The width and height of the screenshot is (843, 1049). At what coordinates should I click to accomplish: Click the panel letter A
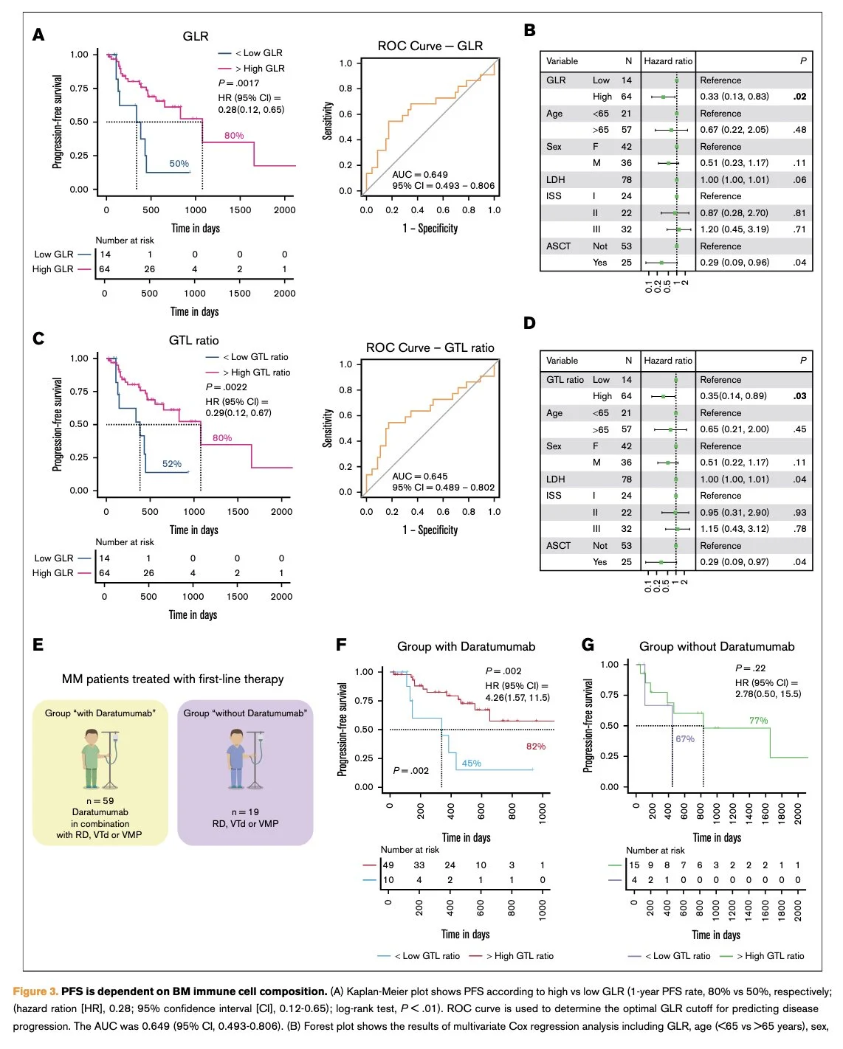(38, 35)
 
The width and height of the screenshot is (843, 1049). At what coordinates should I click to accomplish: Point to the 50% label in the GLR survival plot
(179, 164)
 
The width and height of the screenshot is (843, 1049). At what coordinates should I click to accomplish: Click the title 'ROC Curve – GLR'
(430, 46)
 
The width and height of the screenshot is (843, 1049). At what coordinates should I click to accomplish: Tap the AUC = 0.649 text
(420, 175)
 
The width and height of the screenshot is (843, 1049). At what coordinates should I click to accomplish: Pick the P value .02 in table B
(800, 97)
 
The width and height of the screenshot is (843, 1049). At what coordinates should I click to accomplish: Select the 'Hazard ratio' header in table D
(668, 361)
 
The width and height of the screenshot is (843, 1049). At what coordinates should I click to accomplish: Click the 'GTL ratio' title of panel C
(193, 340)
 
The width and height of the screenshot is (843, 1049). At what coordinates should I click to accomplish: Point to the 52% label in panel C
(172, 464)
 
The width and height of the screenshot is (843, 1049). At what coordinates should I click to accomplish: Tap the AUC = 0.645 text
(420, 477)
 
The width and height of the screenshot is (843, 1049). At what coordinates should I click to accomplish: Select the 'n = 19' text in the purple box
(245, 812)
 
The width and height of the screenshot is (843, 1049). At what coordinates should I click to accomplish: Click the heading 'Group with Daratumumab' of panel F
(466, 647)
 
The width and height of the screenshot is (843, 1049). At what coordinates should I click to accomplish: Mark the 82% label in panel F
(536, 747)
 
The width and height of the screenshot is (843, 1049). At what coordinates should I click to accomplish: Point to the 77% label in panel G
(758, 721)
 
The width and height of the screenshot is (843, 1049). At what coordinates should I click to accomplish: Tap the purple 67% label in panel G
(685, 739)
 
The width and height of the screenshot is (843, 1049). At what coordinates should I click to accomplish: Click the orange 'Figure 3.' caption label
(35, 991)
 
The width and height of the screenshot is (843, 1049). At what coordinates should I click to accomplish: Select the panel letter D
(529, 323)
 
